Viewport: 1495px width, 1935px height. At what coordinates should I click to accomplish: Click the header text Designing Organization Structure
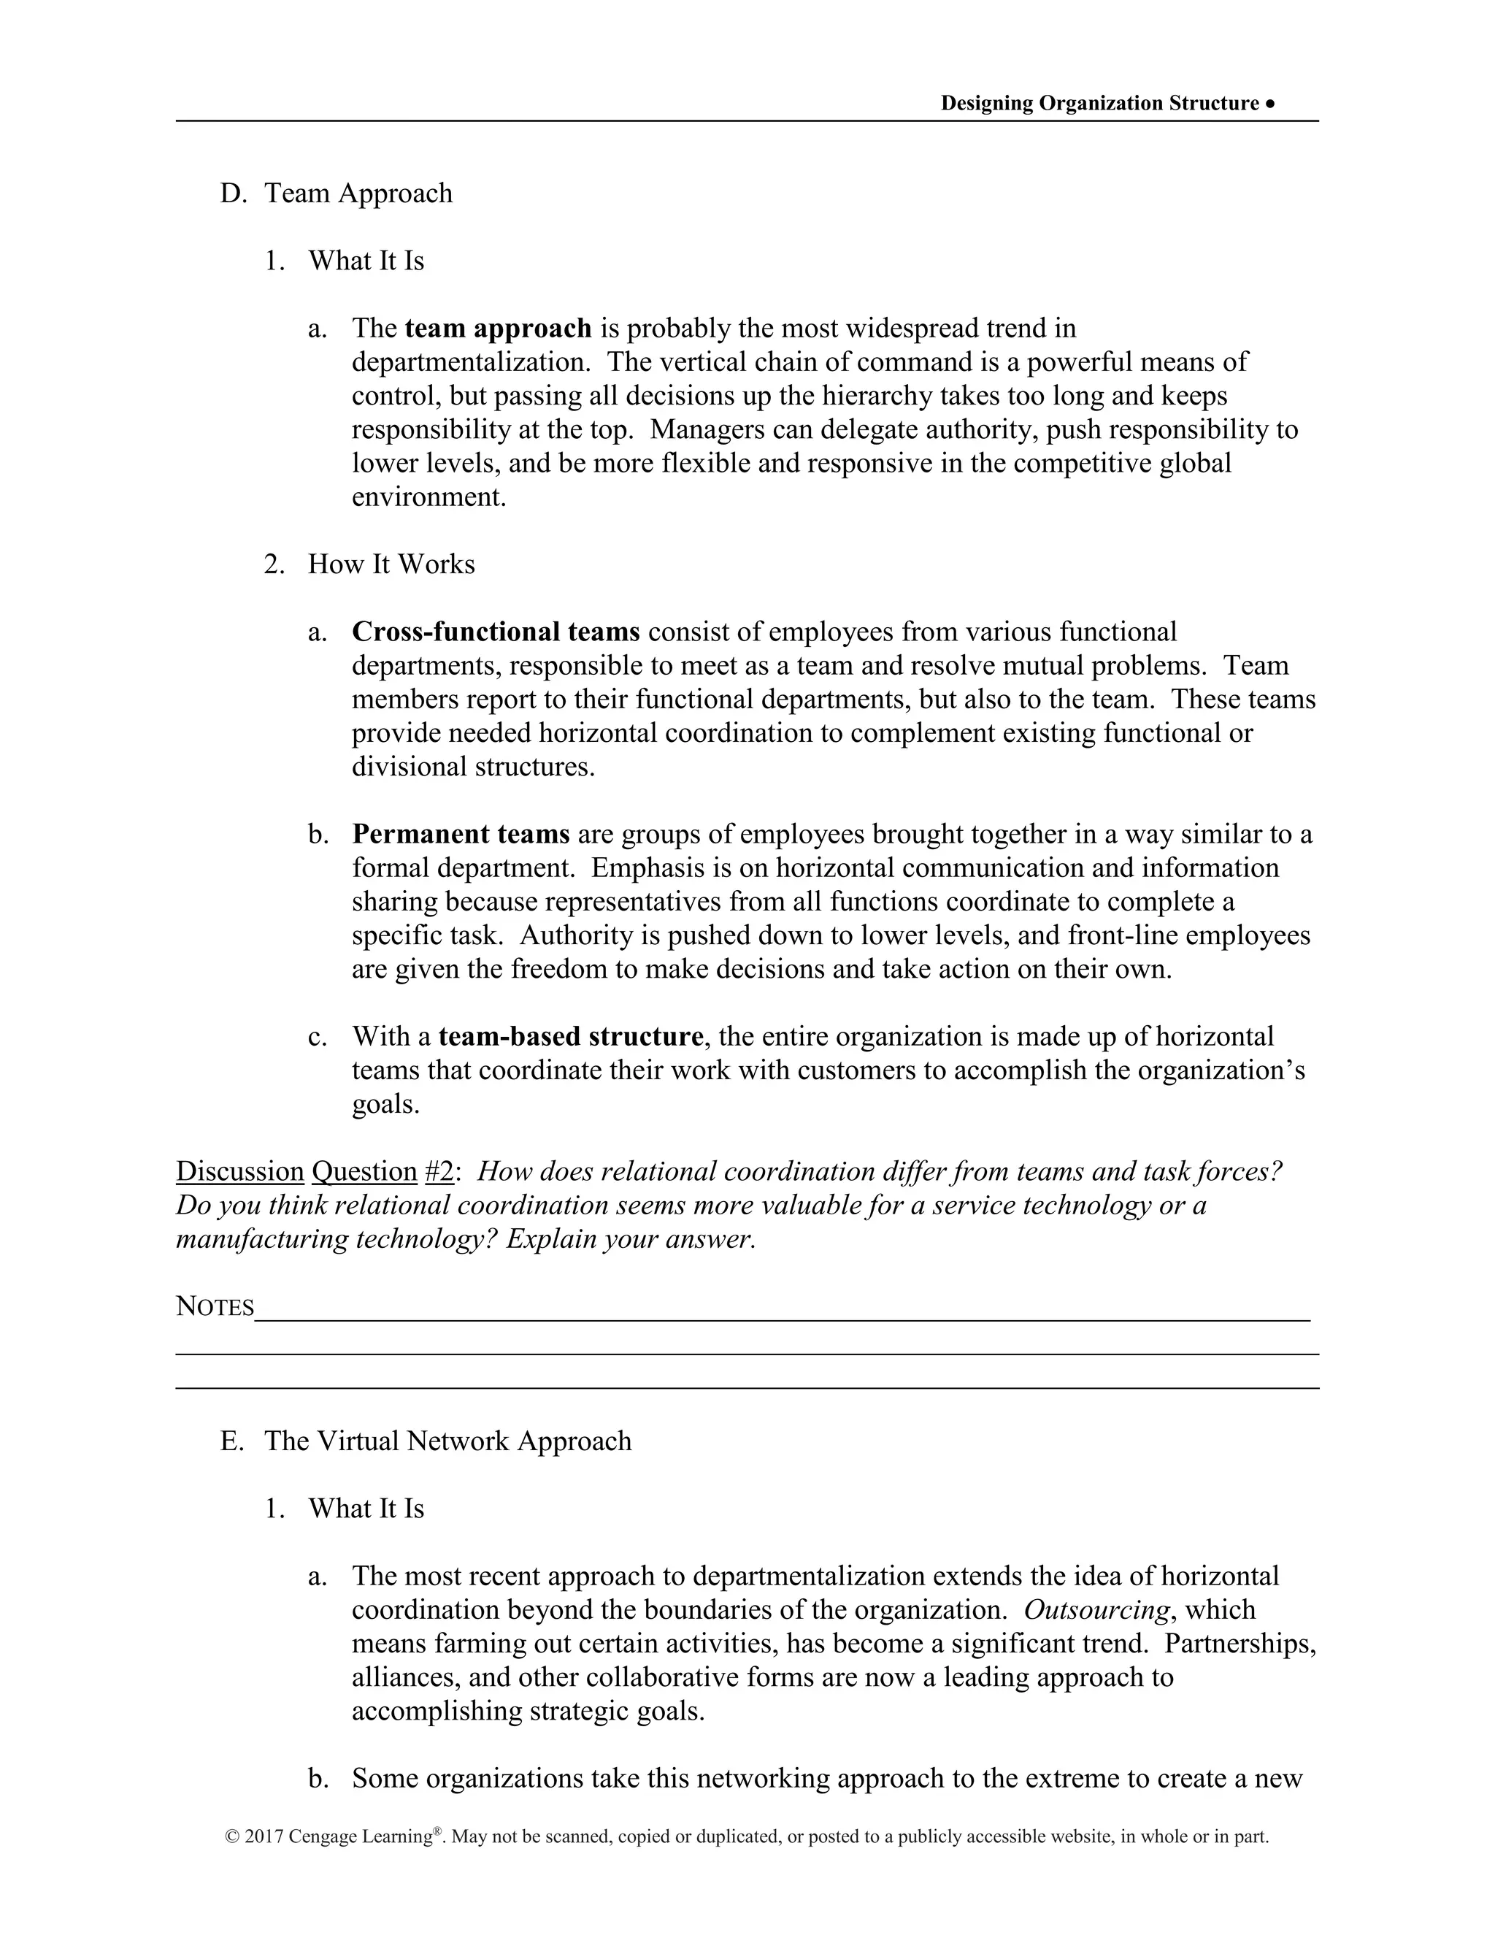click(x=1099, y=104)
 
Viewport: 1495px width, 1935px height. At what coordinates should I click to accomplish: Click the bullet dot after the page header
click(x=1270, y=104)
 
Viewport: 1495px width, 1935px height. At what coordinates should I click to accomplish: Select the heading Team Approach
click(x=358, y=193)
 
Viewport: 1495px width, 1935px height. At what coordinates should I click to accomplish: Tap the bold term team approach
click(x=498, y=329)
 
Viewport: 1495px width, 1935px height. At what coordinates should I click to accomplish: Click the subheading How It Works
click(x=391, y=564)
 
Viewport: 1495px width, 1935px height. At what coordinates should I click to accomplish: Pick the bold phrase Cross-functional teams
click(x=495, y=632)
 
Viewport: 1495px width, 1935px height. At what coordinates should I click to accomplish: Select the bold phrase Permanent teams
click(x=461, y=834)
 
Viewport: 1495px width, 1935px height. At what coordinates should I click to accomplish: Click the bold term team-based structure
click(x=570, y=1037)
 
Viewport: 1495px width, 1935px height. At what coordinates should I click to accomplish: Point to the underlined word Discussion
click(x=240, y=1171)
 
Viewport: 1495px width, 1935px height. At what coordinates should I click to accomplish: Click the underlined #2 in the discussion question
click(x=439, y=1171)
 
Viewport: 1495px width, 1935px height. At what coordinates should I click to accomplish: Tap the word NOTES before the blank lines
click(x=215, y=1306)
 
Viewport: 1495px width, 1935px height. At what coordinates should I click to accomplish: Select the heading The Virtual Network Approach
click(x=447, y=1441)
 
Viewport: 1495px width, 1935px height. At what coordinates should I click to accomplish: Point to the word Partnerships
click(x=1239, y=1644)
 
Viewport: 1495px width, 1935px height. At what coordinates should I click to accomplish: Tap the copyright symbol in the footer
click(x=233, y=1836)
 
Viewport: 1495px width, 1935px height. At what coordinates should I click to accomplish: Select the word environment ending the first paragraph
click(x=428, y=497)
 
